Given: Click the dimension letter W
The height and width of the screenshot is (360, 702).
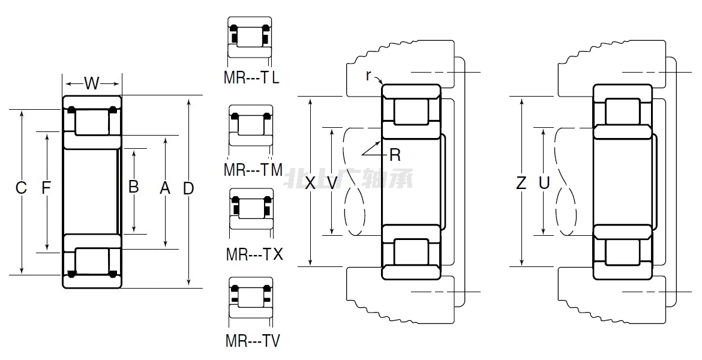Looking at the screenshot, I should coord(91,83).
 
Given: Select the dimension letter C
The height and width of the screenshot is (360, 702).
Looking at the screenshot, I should coord(21,188).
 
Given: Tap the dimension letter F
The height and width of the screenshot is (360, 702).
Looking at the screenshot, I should coord(46,188).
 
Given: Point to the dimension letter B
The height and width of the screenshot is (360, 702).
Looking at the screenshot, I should coord(134,187).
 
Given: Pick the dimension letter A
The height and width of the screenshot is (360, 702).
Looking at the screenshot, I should coord(165,188).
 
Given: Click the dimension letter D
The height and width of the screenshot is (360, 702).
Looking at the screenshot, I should coord(188,188).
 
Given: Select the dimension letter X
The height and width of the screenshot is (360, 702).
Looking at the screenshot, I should coord(310,183).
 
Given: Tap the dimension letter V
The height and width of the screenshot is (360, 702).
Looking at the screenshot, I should coord(332,183).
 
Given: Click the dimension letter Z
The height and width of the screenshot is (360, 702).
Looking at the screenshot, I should coord(521,183).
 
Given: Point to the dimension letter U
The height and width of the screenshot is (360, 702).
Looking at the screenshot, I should coord(544,183).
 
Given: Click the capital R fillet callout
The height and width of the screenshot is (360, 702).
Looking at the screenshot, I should coord(395,155).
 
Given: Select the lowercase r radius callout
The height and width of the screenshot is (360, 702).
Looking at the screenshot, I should coord(369,75).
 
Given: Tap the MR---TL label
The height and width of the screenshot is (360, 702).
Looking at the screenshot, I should coord(251,77).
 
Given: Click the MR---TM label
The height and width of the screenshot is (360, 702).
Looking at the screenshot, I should coord(253,170).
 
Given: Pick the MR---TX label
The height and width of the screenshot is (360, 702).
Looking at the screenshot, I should coord(254,254).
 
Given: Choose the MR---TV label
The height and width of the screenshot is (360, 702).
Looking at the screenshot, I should coord(253,341).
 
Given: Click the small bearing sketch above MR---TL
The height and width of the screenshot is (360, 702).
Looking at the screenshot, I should coord(250,38).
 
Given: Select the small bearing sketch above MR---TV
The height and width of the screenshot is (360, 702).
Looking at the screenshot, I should coord(251,299).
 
